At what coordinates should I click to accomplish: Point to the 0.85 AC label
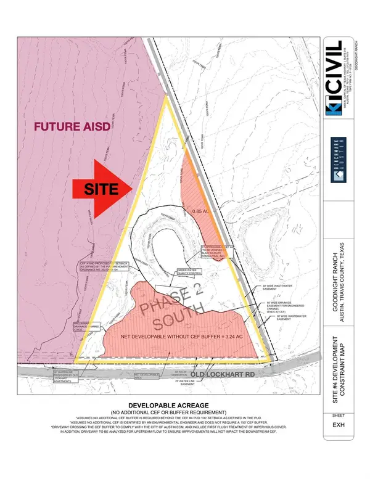tap(202, 211)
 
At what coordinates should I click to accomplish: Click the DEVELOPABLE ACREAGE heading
tap(167, 405)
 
